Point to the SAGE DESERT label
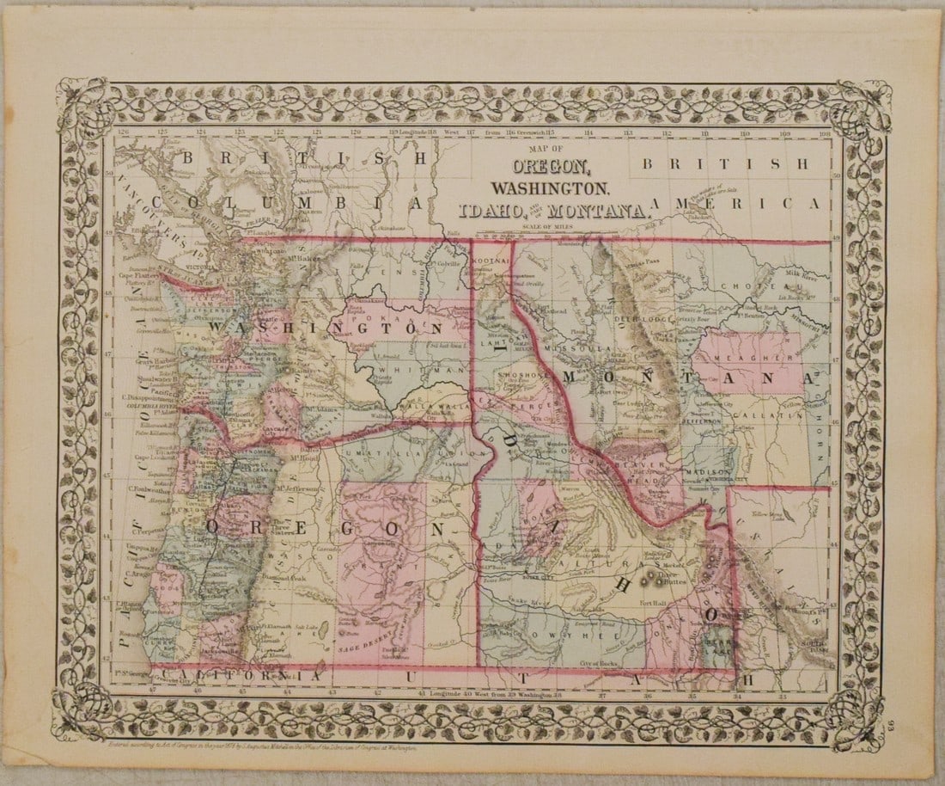(369, 645)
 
